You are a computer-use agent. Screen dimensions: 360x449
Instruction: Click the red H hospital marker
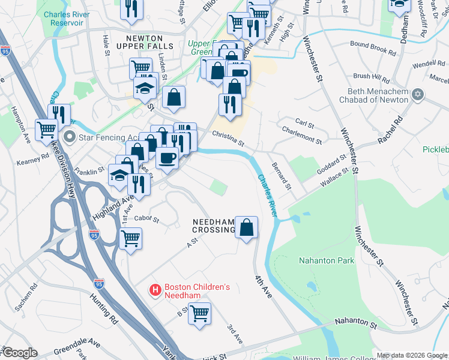155,290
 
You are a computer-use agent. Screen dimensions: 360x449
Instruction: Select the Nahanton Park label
327,260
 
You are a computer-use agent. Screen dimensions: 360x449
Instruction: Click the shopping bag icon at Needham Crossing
246,227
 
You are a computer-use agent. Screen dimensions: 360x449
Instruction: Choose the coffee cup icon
167,158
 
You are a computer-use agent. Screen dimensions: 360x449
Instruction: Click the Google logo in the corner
19,353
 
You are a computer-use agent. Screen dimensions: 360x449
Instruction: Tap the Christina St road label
228,139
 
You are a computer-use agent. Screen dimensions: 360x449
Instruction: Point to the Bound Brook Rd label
373,48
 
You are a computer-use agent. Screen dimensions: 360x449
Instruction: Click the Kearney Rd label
33,160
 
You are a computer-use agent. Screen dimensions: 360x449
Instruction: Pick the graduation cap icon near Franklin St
120,176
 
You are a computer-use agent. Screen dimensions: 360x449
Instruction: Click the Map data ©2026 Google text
411,355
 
